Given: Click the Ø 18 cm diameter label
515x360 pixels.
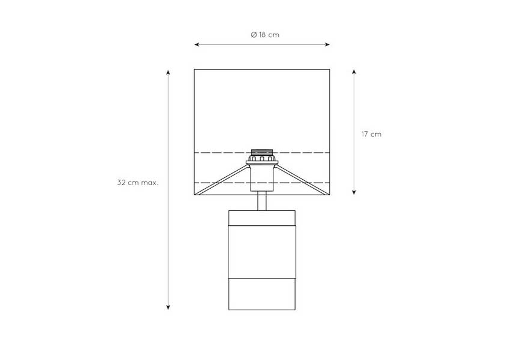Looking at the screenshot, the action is tap(265, 35).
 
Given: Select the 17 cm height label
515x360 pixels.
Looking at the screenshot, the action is tap(372, 134).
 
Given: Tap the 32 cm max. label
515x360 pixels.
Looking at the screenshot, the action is tap(138, 183).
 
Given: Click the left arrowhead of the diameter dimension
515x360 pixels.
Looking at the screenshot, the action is tap(197, 44).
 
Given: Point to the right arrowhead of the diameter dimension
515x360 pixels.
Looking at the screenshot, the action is tap(327, 44).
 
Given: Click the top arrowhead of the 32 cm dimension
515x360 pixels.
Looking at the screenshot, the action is tap(168, 72).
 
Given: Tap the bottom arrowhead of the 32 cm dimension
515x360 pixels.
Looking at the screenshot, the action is tap(168, 307).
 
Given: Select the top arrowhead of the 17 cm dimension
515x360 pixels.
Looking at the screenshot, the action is tap(354, 72).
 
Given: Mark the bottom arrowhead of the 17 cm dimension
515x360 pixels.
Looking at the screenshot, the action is tap(354, 192).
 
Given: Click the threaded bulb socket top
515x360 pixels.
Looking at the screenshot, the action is tap(262, 153).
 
